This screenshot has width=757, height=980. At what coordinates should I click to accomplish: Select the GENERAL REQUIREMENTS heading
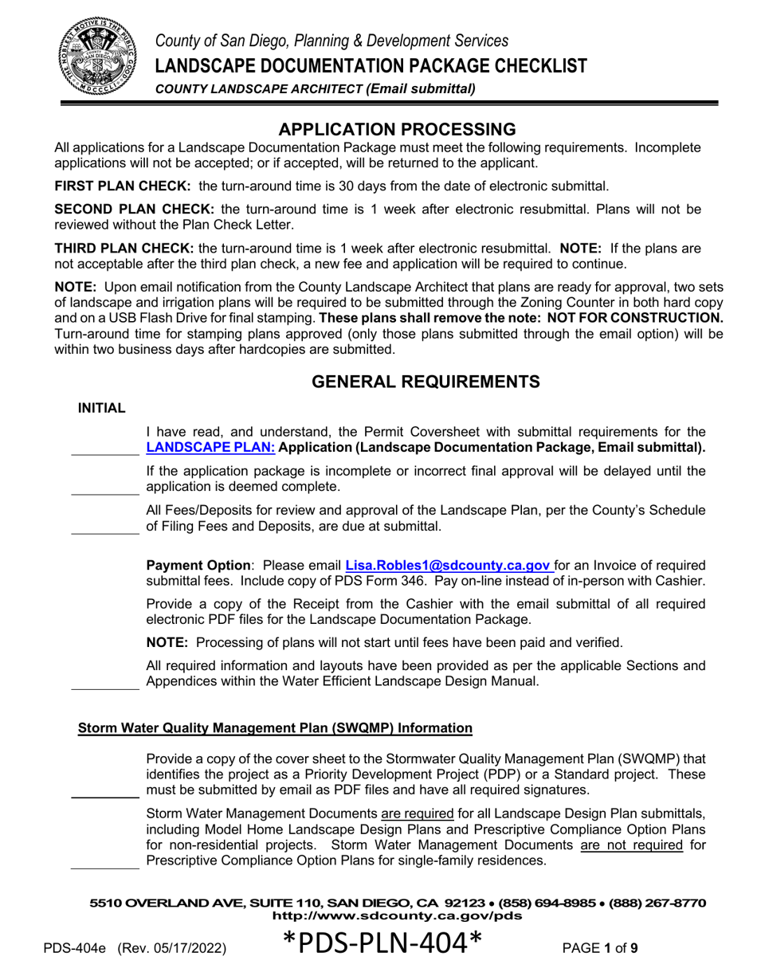425,382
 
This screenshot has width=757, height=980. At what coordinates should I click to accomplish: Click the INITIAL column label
101,409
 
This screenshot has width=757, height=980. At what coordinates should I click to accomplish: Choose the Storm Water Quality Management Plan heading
274,727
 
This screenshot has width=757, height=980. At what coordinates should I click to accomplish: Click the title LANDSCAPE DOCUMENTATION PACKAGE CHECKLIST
371,65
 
